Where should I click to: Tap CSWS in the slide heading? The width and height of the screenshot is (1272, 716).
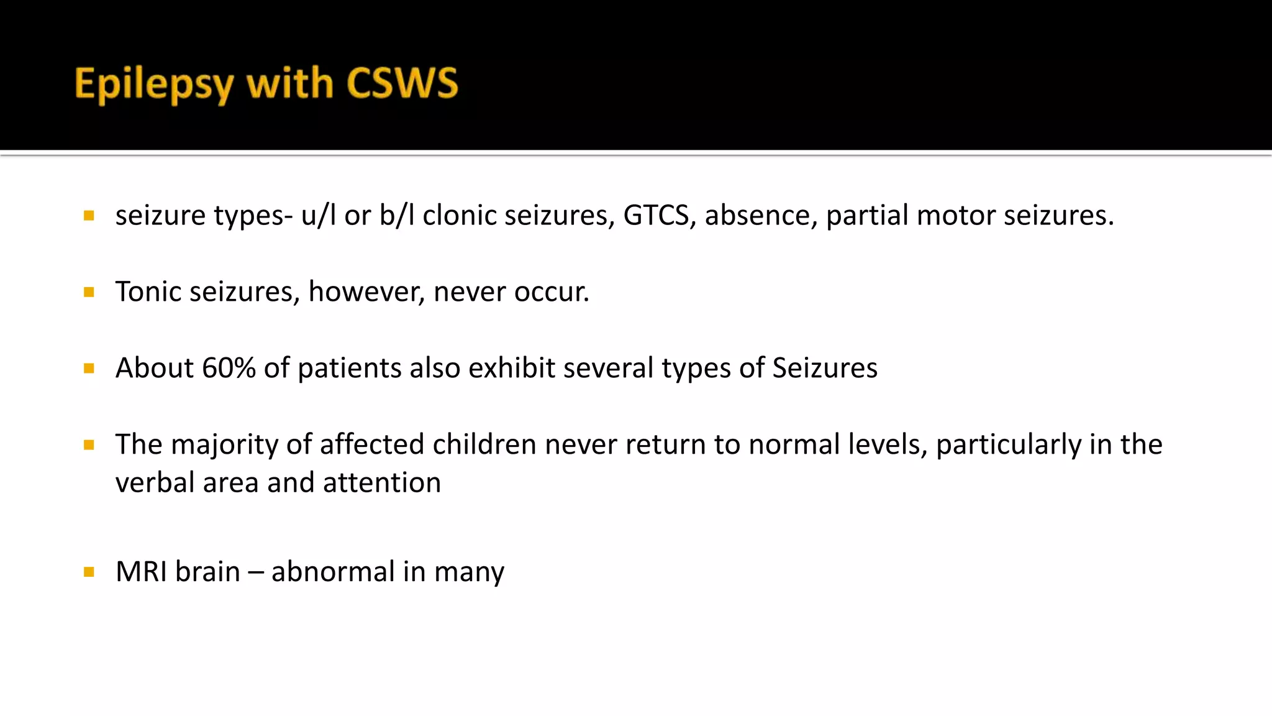point(402,83)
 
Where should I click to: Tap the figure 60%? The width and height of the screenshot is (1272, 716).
point(229,368)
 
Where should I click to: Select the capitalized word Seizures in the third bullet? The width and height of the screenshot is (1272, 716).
point(824,368)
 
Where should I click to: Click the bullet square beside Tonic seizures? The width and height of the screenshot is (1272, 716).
point(89,292)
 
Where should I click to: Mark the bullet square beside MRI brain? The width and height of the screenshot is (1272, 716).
point(89,572)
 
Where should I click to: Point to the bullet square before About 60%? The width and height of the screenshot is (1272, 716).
point(89,369)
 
